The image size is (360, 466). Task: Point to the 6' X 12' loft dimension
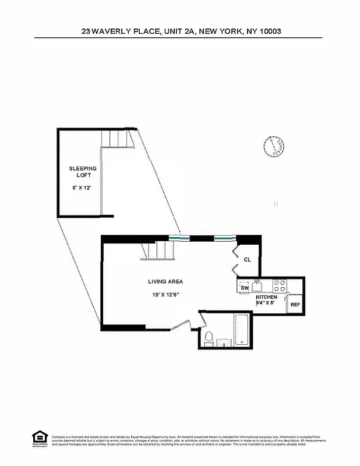pos(82,188)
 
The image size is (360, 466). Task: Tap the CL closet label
pos(247,260)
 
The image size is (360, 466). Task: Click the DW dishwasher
pos(245,287)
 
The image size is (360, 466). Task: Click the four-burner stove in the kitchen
pos(280,286)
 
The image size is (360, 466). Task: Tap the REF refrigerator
pos(295,305)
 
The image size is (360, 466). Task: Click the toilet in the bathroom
pos(208,337)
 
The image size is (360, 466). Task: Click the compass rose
pos(274,146)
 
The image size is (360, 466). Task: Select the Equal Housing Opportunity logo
pos(39,439)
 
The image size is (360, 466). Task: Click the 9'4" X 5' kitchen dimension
pos(266,303)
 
